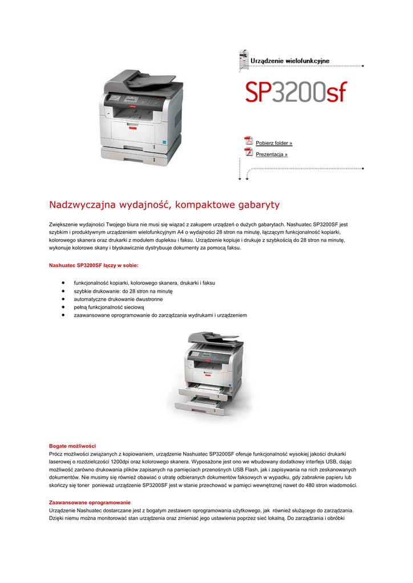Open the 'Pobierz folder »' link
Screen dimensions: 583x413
tap(274, 143)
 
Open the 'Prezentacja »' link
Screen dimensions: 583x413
tap(272, 154)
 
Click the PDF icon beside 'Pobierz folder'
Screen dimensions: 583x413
tap(248, 141)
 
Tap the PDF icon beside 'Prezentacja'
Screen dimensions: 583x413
tap(248, 152)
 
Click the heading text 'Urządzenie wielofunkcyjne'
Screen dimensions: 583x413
tap(290, 60)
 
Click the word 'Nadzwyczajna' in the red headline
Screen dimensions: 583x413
tap(82, 204)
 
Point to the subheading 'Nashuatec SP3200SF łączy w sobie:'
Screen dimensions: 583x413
tap(94, 265)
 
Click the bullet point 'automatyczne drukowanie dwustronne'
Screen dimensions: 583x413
tap(118, 299)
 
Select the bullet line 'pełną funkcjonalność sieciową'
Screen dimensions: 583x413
tap(109, 307)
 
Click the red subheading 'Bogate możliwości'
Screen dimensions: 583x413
tap(72, 445)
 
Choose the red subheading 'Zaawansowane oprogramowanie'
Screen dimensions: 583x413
tap(90, 503)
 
